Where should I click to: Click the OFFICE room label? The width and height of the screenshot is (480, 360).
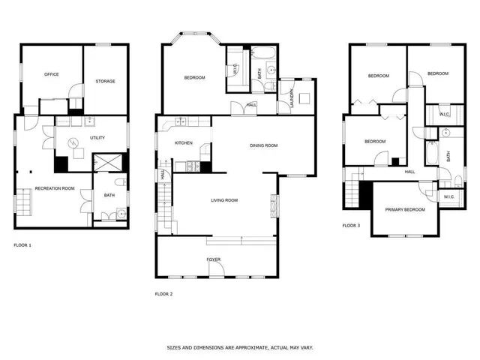(x=52, y=74)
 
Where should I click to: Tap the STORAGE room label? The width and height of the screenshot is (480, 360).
(x=105, y=81)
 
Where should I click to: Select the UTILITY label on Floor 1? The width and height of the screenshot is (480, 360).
(x=97, y=138)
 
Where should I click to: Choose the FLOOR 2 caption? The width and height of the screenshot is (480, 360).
(x=163, y=293)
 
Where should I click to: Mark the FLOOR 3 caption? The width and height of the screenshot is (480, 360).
(x=351, y=225)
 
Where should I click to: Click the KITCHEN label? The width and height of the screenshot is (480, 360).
(x=184, y=142)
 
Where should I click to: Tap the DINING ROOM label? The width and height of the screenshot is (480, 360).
(x=264, y=145)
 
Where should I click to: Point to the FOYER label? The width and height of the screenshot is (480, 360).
(x=214, y=259)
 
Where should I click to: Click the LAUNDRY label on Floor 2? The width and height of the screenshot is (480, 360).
(x=291, y=100)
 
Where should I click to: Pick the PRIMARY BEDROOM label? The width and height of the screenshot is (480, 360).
(x=405, y=209)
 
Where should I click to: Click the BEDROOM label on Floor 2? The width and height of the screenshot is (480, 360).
(x=194, y=77)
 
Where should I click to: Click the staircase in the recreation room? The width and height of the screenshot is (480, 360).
(x=23, y=202)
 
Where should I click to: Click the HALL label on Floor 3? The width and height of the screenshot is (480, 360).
(x=410, y=172)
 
